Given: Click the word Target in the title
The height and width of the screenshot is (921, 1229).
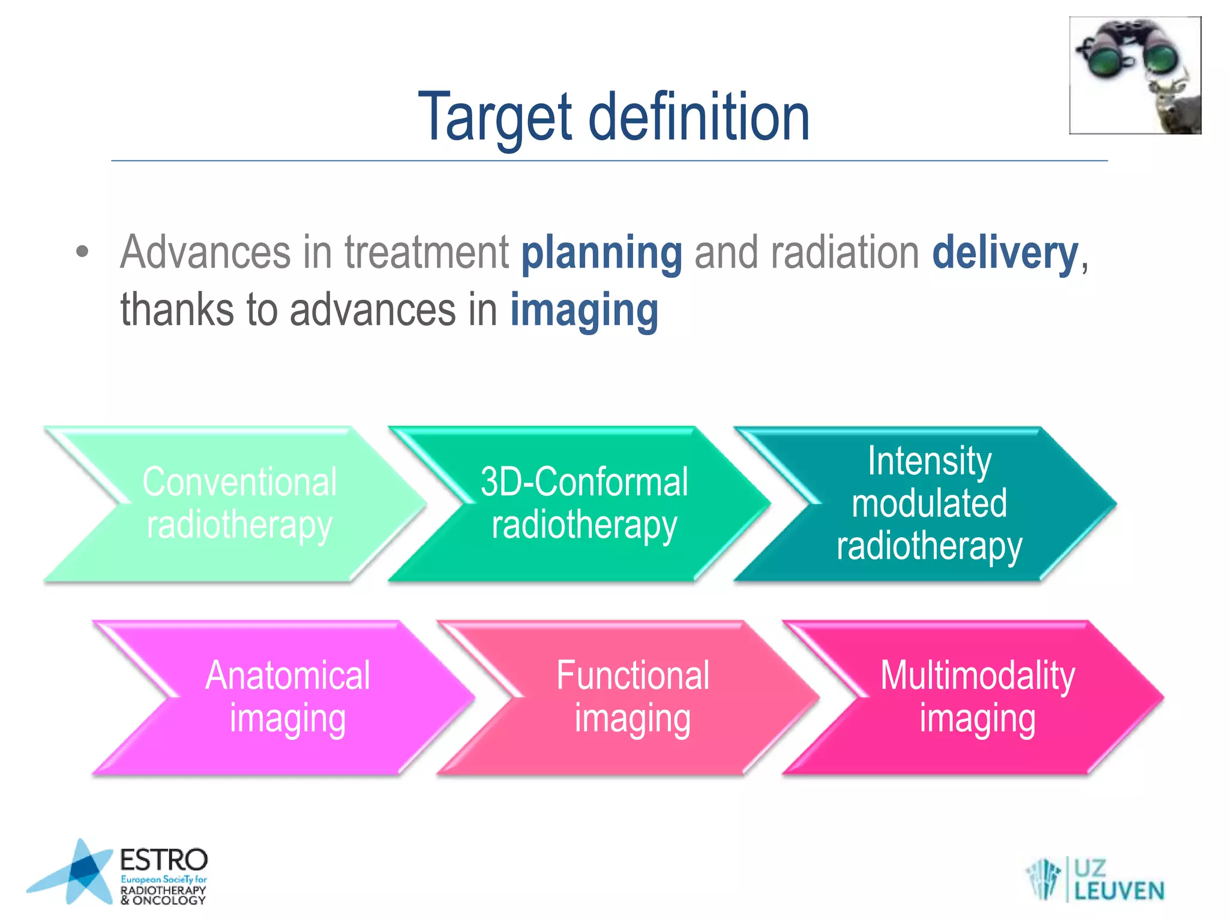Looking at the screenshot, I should point(495,117).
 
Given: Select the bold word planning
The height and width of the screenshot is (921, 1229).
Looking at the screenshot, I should point(601,253).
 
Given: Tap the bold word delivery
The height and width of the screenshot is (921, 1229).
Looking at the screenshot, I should point(1005,253).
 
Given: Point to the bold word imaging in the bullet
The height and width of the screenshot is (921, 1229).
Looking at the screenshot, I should point(584,311).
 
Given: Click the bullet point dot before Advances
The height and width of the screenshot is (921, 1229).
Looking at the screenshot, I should point(83,252).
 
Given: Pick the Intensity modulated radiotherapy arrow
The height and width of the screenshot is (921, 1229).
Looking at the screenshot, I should point(929,504).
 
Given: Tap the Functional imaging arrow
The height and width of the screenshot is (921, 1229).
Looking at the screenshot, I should point(633,697).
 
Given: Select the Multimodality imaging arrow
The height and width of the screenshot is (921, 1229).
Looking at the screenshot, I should point(978,697).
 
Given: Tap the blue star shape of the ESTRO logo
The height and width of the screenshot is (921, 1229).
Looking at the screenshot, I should point(78,872).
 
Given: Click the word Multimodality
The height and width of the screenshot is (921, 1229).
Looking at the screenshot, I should point(978,676).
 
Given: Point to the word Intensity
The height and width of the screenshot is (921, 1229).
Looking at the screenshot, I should point(929,461).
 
